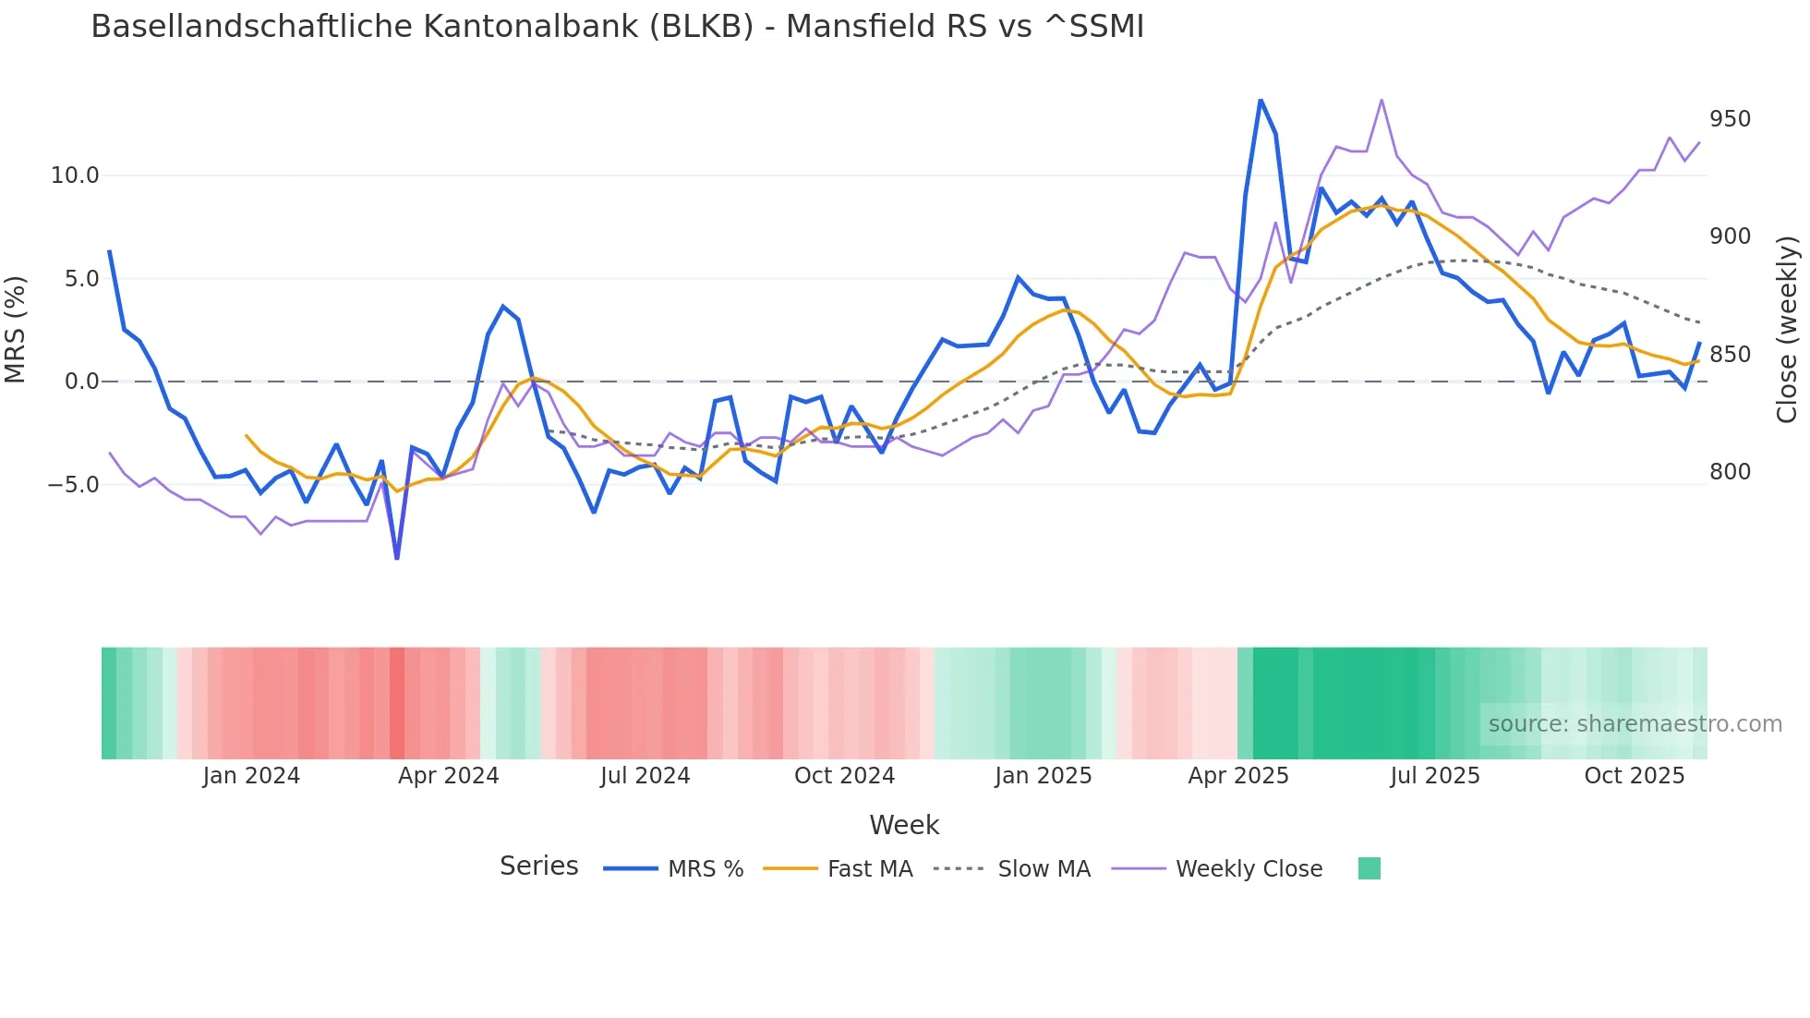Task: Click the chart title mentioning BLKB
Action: click(617, 27)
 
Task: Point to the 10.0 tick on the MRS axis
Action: click(74, 176)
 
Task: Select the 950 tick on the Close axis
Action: click(1730, 119)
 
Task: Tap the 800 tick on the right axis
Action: click(1730, 472)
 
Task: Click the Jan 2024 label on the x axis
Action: click(251, 776)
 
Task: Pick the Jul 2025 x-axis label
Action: click(1434, 776)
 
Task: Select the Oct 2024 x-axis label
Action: click(844, 776)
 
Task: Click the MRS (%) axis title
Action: click(16, 329)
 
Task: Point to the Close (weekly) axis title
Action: click(1787, 329)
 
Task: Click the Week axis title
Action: click(904, 825)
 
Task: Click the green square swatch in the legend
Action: click(1370, 868)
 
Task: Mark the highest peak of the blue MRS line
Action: click(1261, 100)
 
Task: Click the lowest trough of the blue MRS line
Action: click(397, 558)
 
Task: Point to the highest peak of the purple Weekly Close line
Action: click(1382, 100)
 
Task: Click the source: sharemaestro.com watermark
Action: click(1635, 724)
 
